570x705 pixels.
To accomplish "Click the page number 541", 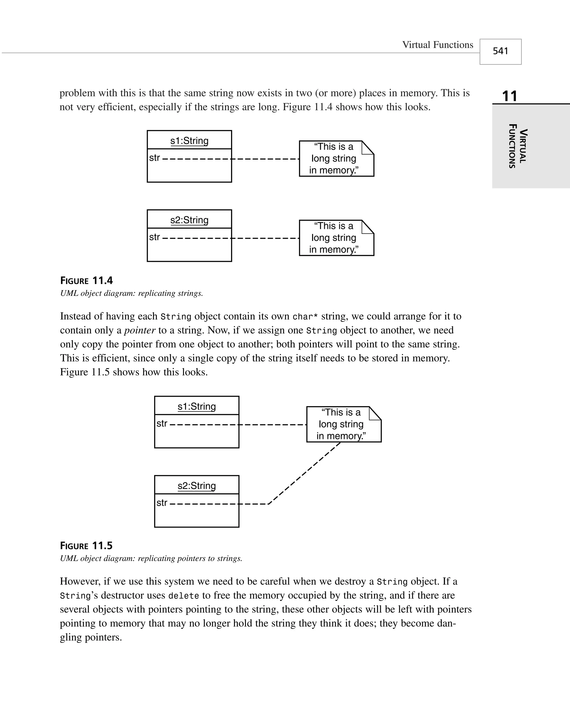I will [500, 51].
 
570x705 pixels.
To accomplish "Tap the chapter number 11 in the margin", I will [510, 96].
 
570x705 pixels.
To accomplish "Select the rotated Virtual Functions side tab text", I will [518, 146].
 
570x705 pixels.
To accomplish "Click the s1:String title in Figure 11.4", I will [189, 141].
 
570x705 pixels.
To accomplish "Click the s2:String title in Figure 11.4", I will [189, 220].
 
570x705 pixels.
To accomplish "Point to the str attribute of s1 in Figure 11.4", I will [154, 158].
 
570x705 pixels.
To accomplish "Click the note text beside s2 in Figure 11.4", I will [334, 238].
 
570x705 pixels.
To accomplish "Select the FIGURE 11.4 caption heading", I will [87, 280].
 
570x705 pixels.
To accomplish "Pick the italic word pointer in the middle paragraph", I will [139, 330].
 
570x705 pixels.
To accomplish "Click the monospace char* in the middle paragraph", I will [305, 317].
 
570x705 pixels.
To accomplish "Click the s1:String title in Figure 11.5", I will [197, 406].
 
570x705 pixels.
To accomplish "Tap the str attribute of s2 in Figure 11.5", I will [162, 502].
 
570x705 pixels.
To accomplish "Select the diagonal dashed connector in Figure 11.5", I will [304, 473].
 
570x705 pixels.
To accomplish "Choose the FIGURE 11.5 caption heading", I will [86, 546].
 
